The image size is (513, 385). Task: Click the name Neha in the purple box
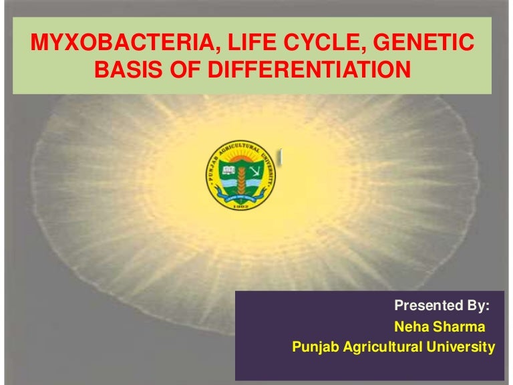pyautogui.click(x=409, y=327)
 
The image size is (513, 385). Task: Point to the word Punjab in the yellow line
pyautogui.click(x=315, y=348)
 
